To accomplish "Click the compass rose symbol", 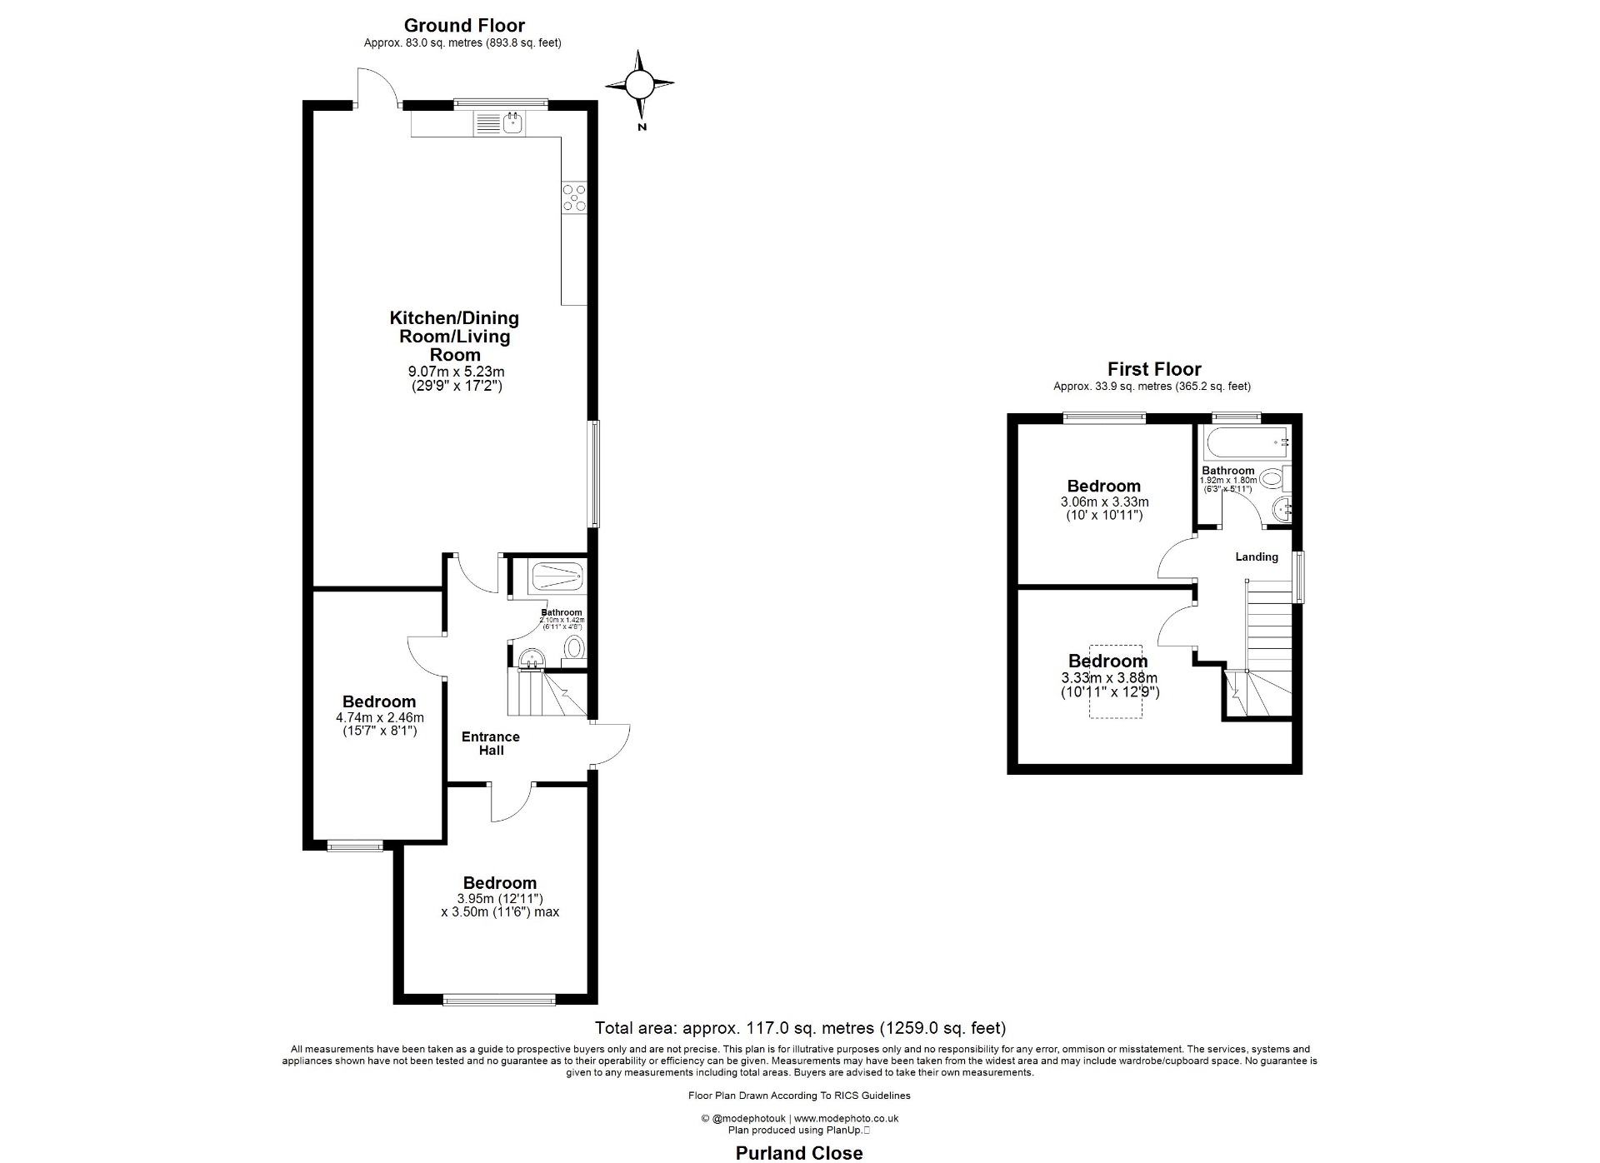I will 639,85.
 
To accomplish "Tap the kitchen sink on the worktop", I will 512,124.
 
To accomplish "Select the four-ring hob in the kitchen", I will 573,197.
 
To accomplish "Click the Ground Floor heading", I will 464,26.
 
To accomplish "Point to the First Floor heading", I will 1153,369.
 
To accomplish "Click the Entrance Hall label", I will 491,743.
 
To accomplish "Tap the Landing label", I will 1256,557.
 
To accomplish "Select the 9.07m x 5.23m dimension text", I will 456,372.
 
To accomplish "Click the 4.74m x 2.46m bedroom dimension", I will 379,717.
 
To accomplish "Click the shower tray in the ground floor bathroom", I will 556,576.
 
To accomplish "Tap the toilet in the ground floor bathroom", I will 574,646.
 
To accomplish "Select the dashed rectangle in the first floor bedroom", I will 1116,681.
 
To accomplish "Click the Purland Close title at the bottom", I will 798,1152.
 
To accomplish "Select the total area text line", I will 799,1028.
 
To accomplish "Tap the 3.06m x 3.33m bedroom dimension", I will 1104,502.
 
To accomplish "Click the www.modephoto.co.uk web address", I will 846,1118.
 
